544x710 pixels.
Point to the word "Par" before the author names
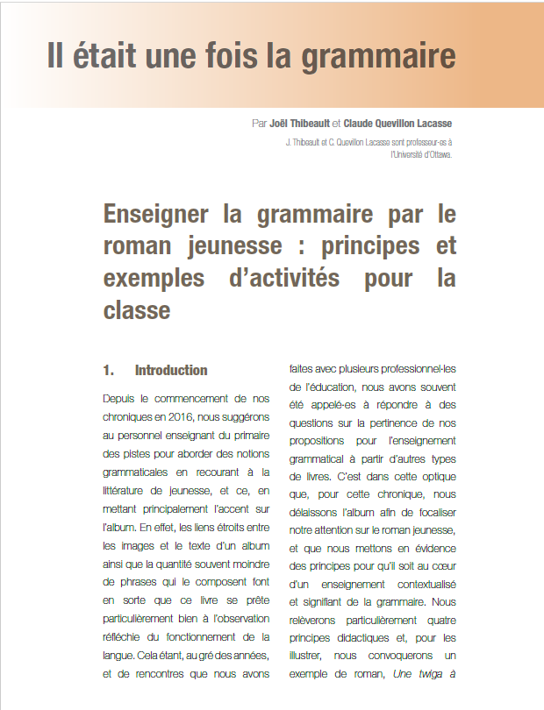point(259,124)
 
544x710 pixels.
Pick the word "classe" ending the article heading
point(136,309)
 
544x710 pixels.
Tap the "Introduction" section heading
point(171,370)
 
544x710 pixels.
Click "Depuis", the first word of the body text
point(120,398)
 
